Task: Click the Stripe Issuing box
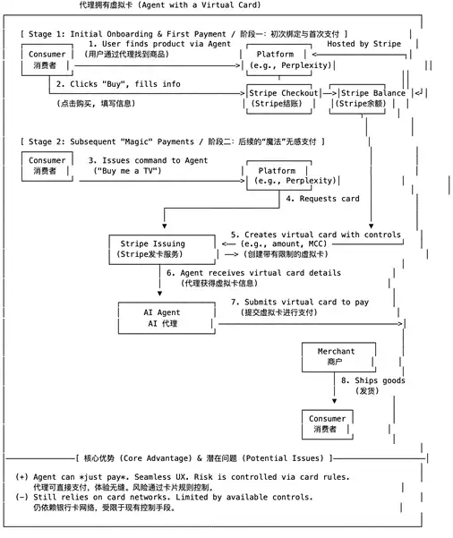pos(162,250)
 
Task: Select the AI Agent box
pos(167,318)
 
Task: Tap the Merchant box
pos(338,357)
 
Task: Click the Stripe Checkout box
pos(279,98)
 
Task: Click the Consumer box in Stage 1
pos(47,60)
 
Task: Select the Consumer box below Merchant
pos(328,424)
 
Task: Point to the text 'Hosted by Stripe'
pos(363,44)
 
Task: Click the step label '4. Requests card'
pos(322,199)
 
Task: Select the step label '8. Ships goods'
pos(373,380)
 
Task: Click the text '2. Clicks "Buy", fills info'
pos(118,84)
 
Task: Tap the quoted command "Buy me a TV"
pos(127,171)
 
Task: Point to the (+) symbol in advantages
pos(22,477)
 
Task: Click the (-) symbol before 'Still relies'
pos(22,497)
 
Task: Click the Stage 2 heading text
pos(173,141)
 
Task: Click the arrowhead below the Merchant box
pos(334,401)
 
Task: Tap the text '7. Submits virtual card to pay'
pos(300,302)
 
